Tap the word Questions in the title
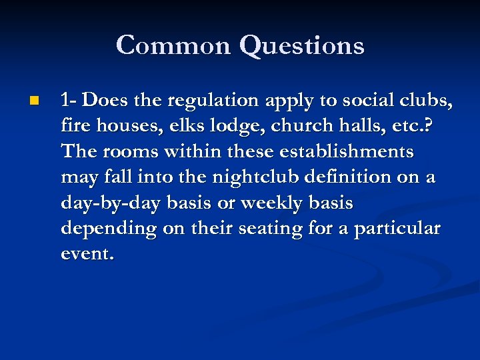point(301,45)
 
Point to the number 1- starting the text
point(69,101)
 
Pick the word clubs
point(429,101)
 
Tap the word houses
point(125,126)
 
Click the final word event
point(87,254)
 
